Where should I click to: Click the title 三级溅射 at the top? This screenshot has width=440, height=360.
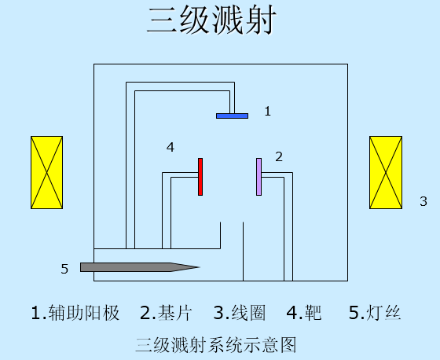coord(212,20)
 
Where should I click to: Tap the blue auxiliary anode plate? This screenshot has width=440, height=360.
coord(232,116)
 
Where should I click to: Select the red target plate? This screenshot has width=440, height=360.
coord(200,177)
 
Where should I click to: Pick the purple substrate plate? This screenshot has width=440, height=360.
coord(259,177)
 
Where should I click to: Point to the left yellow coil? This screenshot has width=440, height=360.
coord(46,172)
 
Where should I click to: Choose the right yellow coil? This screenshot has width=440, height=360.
coord(386,172)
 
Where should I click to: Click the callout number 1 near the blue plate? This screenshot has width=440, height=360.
coord(268,111)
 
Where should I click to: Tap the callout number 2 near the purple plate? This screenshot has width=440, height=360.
coord(279,156)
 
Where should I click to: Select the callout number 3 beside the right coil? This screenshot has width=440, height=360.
coord(423,201)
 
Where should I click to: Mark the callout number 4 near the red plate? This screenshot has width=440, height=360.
coord(170,147)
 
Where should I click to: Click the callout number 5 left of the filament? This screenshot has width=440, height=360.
coord(64,269)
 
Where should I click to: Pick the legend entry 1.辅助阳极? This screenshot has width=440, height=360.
coord(75,313)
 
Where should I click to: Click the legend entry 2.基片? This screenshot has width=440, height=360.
coord(166,313)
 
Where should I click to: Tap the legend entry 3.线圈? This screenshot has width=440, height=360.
coord(240,313)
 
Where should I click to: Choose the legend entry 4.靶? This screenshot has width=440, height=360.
coord(304,313)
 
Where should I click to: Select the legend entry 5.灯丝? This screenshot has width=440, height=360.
coord(375,313)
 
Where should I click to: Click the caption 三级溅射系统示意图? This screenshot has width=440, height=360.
coord(216,345)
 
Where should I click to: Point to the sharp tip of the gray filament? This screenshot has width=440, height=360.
coord(200,267)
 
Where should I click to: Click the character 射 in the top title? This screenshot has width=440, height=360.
coord(261,20)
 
